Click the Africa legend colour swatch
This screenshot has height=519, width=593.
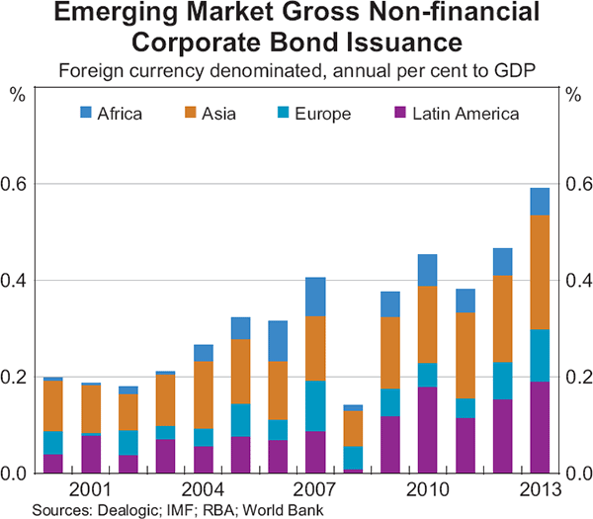(x=86, y=114)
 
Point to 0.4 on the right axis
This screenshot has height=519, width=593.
(x=577, y=281)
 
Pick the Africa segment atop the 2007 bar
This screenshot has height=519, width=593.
(x=315, y=297)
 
